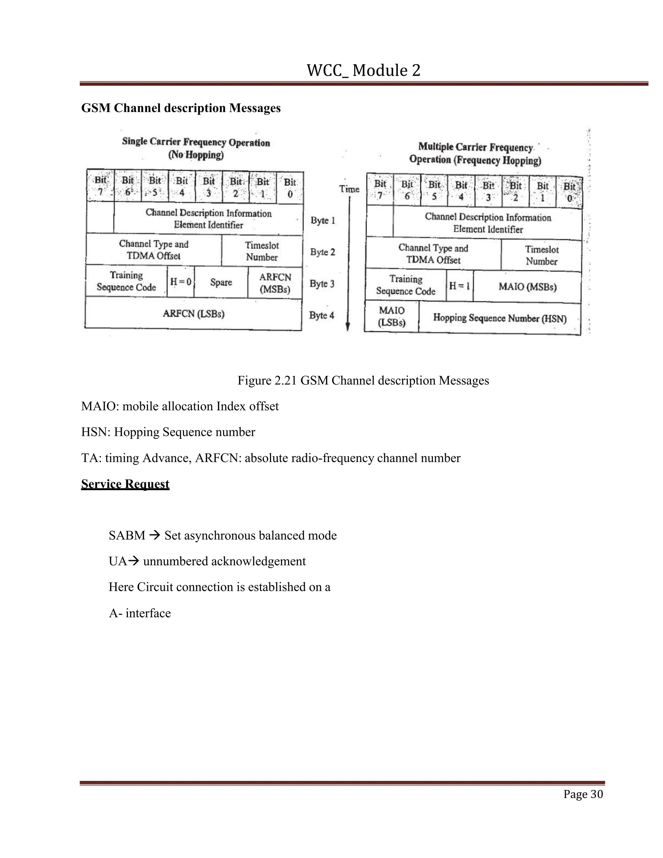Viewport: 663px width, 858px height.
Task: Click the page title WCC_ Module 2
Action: pos(363,70)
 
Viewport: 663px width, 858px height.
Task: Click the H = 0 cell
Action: pos(181,282)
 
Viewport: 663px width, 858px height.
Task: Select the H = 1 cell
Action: pos(460,286)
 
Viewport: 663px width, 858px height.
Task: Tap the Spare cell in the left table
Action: pos(221,282)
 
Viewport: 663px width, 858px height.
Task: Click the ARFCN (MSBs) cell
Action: pos(275,283)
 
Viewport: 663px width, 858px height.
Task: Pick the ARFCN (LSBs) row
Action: pos(194,314)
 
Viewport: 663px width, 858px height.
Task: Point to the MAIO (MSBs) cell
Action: pos(527,287)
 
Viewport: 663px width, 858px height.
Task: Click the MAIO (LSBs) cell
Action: pos(392,316)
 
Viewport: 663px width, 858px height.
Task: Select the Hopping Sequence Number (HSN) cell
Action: pos(500,318)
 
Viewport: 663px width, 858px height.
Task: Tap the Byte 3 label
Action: pos(322,284)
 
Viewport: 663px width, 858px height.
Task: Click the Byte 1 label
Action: pos(323,220)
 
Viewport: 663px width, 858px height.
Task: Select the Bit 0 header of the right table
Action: pos(569,192)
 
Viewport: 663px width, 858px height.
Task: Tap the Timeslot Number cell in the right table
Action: pos(542,255)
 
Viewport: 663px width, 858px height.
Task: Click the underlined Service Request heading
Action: pos(125,484)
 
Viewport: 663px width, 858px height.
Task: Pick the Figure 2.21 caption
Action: pos(363,380)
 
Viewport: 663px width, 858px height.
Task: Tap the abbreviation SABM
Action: pos(127,536)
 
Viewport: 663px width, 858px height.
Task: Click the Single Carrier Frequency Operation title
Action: pos(196,142)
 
